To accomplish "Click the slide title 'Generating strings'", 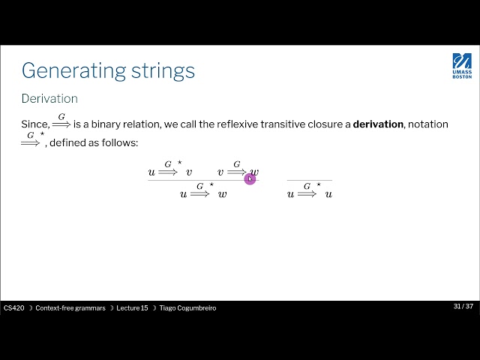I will coord(108,70).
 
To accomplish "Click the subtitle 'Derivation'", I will coord(49,98).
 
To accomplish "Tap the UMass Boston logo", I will coord(462,66).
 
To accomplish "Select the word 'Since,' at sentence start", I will coord(35,124).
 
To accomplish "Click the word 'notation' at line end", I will coord(427,124).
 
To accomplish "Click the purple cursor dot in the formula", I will coord(250,178).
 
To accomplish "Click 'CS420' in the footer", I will coord(13,307).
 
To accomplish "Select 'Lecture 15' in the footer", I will coord(132,307).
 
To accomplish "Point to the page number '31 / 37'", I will coord(463,307).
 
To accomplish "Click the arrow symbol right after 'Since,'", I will coord(61,123).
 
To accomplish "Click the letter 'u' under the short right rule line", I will coord(290,194).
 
